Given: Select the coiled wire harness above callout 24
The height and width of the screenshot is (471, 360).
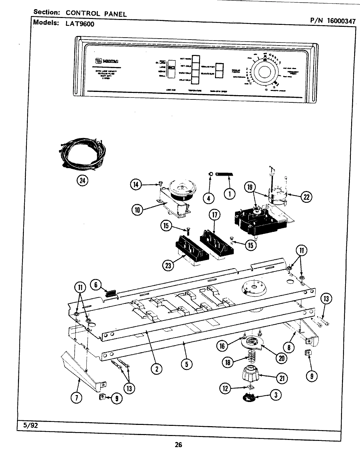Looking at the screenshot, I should (82, 156).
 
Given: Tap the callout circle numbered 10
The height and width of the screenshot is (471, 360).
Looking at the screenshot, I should (137, 210).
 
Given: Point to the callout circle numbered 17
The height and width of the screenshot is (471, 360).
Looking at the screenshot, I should (214, 215).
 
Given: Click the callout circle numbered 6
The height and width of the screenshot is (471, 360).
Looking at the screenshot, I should (96, 285).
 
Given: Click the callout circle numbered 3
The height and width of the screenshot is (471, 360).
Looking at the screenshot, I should (276, 395).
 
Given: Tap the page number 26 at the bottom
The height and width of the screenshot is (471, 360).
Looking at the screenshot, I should (178, 445).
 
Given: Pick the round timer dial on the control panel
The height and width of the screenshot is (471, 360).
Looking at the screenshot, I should (264, 72).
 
